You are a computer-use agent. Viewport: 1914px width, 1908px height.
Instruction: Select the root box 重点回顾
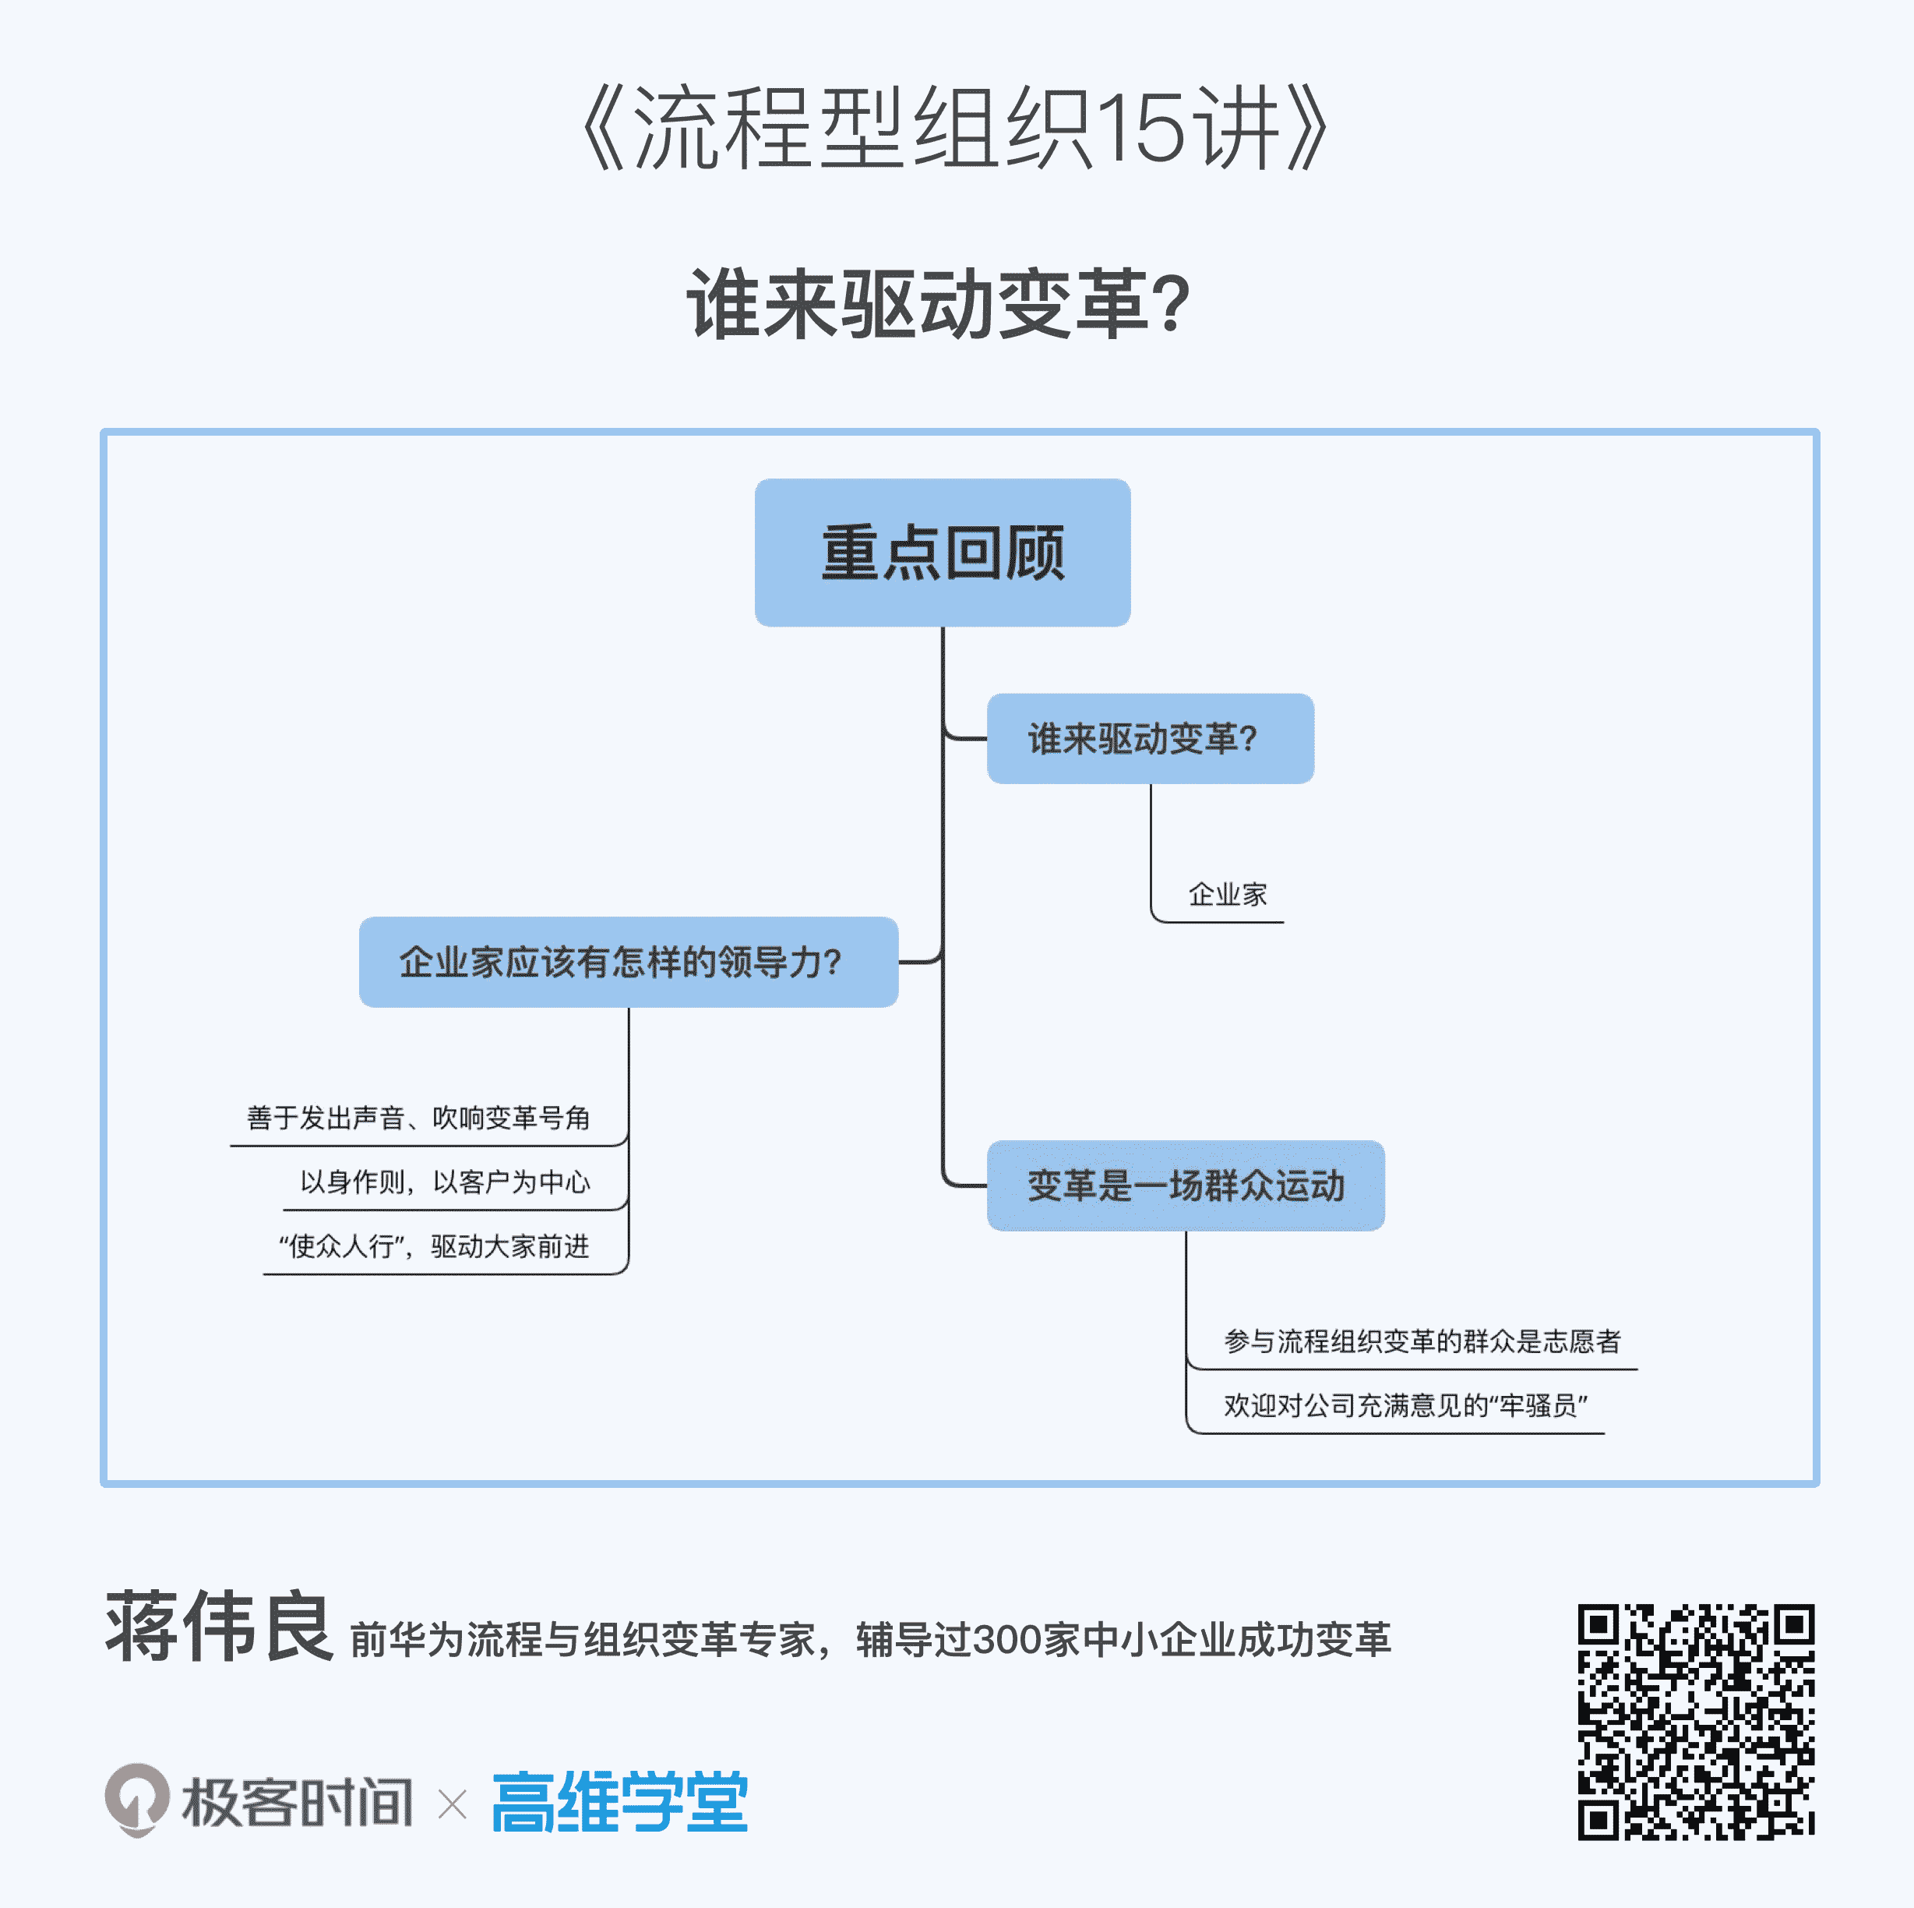coord(942,552)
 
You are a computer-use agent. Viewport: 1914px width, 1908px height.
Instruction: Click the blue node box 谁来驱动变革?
coord(1150,738)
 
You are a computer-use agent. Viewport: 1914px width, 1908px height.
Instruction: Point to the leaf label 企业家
coord(1228,895)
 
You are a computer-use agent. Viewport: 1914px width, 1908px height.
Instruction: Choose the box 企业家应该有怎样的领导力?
coord(628,963)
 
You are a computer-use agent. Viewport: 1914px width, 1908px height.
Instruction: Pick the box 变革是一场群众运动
coord(1185,1185)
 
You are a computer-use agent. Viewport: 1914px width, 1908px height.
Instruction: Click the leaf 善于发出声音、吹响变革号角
coord(418,1118)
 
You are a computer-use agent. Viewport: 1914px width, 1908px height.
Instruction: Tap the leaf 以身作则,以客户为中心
coord(445,1182)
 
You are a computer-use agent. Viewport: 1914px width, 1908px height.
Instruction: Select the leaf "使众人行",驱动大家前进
coord(434,1246)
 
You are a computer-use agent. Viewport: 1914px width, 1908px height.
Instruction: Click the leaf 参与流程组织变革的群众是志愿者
coord(1422,1341)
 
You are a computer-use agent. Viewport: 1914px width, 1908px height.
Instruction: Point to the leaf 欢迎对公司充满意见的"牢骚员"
coord(1405,1405)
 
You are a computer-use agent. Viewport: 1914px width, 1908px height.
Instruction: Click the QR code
coord(1695,1722)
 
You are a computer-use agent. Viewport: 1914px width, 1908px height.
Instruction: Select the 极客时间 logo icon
coord(137,1799)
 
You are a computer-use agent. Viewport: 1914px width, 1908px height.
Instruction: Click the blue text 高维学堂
coord(620,1802)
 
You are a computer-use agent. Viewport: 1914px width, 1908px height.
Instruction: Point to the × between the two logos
coord(453,1804)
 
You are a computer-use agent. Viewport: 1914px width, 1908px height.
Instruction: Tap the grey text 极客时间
coord(298,1802)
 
